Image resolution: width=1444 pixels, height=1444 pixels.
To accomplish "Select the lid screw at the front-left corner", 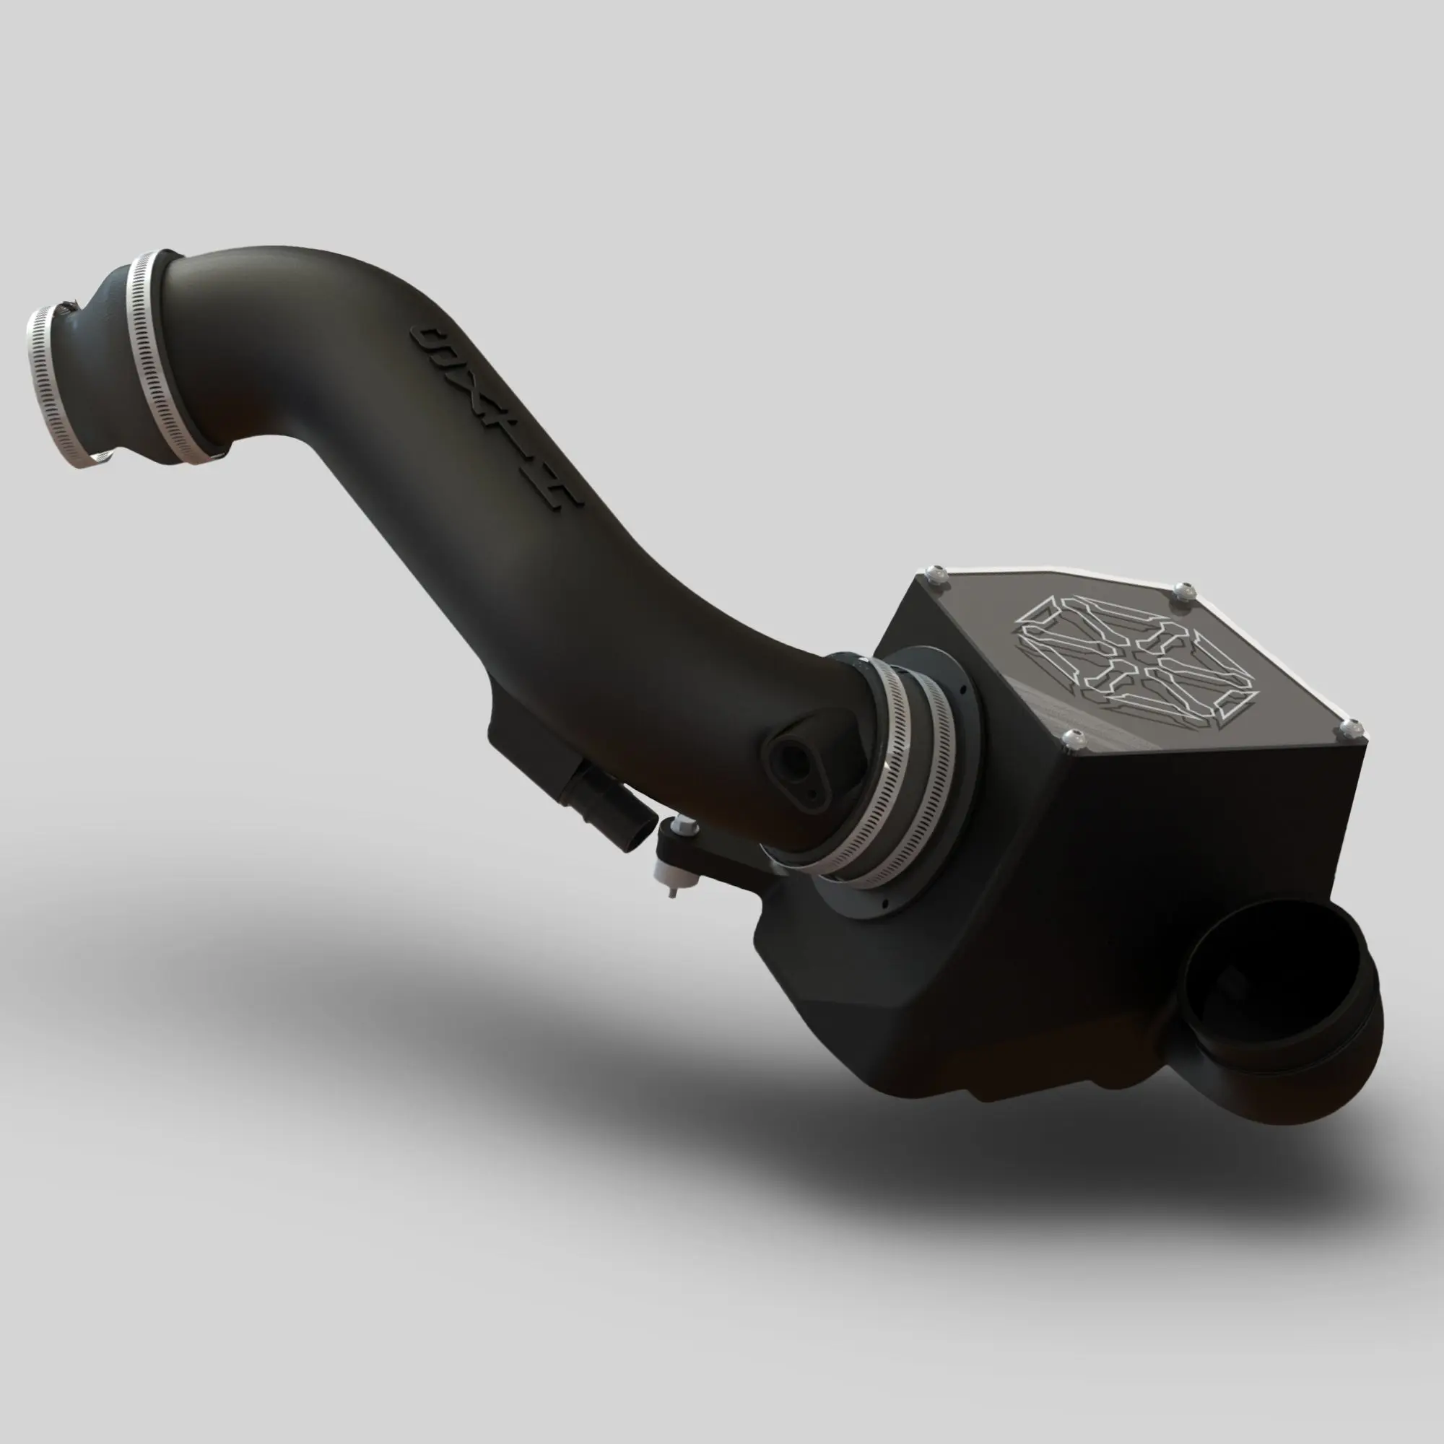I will pos(1074,739).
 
